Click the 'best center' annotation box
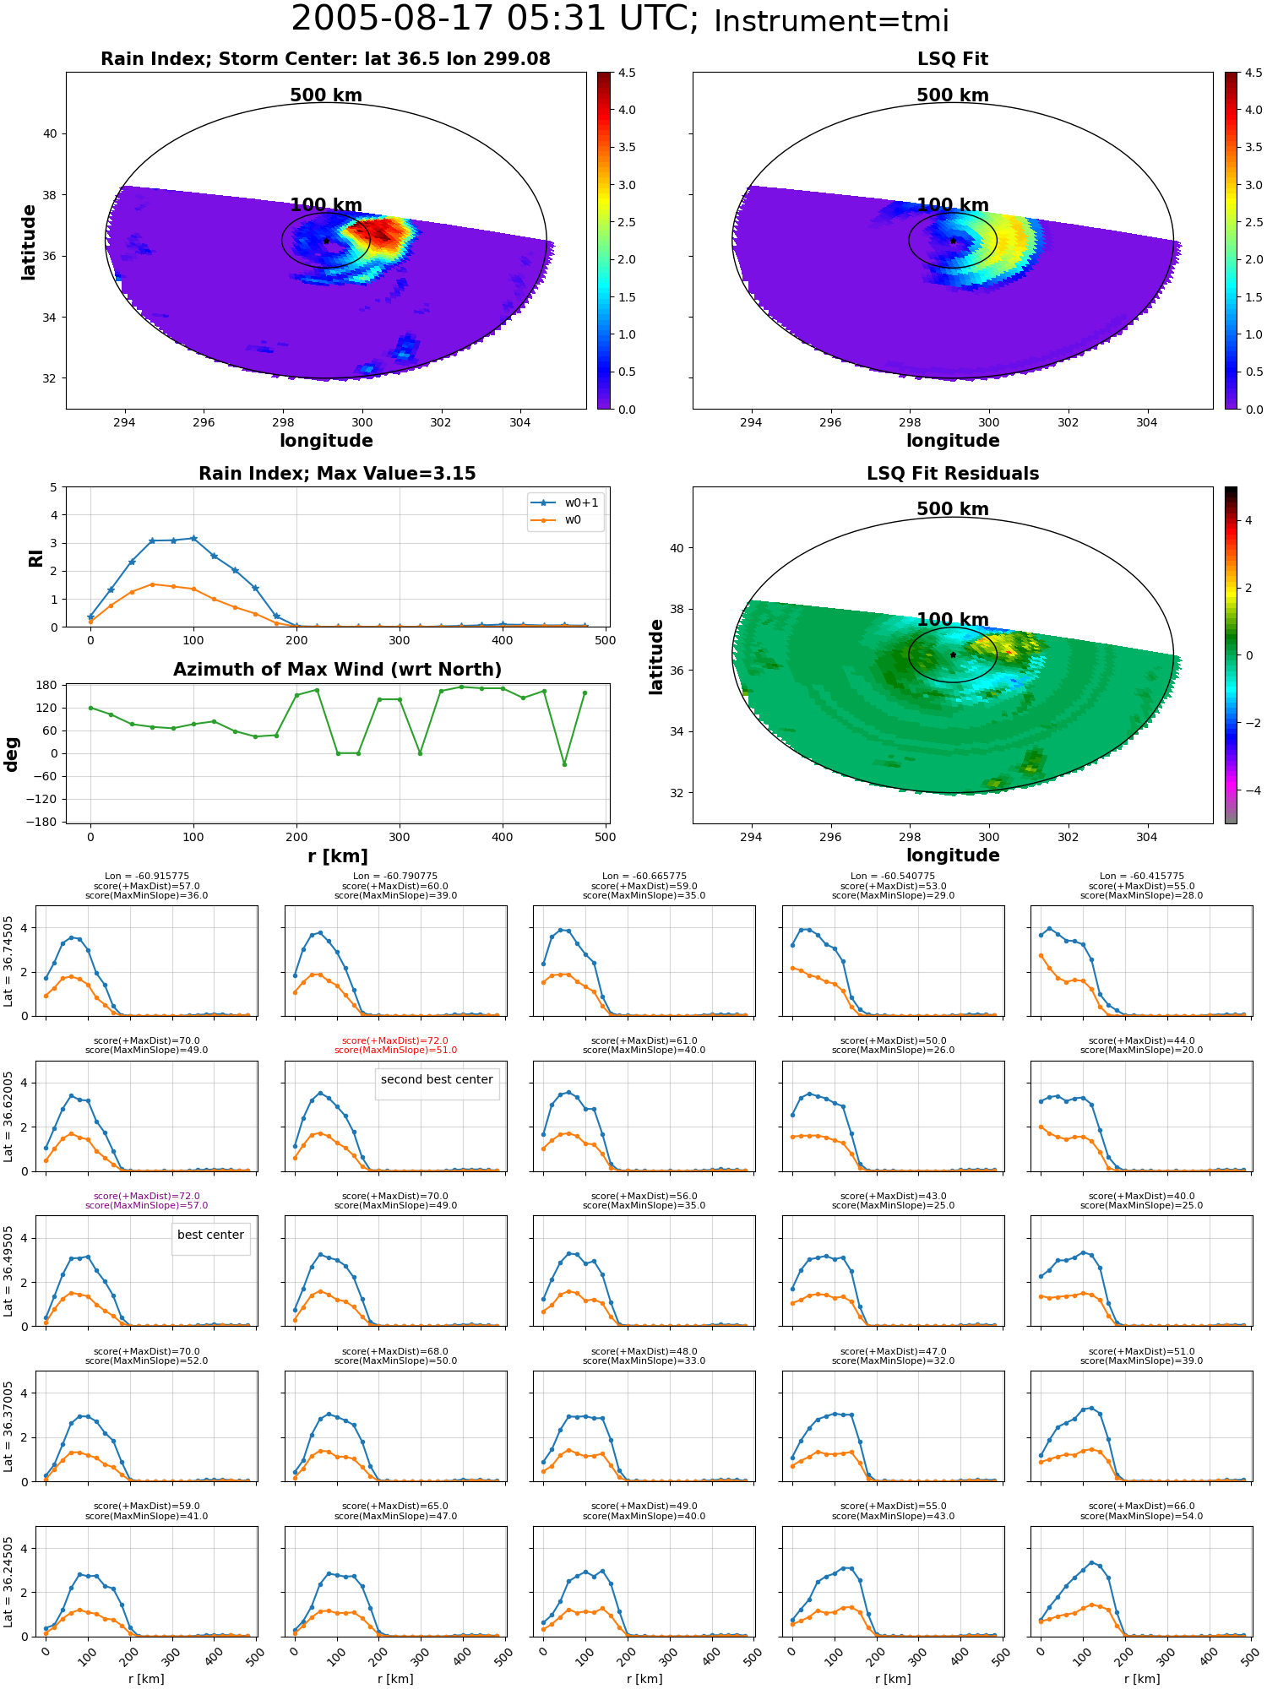pos(210,1239)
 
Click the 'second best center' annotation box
pos(437,1083)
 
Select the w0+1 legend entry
pos(565,502)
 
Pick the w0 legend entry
pos(557,520)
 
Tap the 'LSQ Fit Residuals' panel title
pos(953,474)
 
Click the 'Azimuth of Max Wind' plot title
pos(337,670)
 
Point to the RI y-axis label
pos(35,558)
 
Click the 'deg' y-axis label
pos(11,753)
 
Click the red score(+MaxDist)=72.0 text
pos(395,1040)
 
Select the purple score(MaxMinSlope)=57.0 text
pos(146,1205)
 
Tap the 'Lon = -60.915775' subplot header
pos(146,876)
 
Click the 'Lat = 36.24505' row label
pos(8,1581)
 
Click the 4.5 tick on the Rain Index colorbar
pos(627,73)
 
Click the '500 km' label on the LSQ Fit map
pos(953,95)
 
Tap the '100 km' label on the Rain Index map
pos(326,205)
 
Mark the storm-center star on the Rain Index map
pos(326,241)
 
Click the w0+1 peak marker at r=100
pos(193,538)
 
